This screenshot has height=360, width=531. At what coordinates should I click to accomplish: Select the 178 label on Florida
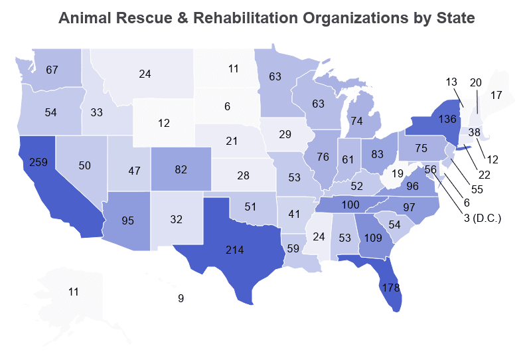click(390, 288)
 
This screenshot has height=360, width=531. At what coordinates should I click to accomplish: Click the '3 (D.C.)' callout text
click(483, 218)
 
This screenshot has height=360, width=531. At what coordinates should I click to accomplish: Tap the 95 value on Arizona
click(129, 221)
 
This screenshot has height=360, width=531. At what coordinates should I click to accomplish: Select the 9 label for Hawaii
click(181, 299)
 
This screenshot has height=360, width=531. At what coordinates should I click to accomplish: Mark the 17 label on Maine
click(496, 95)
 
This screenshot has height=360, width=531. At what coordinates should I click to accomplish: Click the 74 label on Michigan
click(357, 122)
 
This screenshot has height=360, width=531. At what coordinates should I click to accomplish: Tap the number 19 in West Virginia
click(397, 175)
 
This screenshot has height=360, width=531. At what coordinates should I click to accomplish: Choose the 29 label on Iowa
click(285, 135)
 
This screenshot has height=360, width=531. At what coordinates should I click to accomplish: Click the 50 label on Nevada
click(84, 165)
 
